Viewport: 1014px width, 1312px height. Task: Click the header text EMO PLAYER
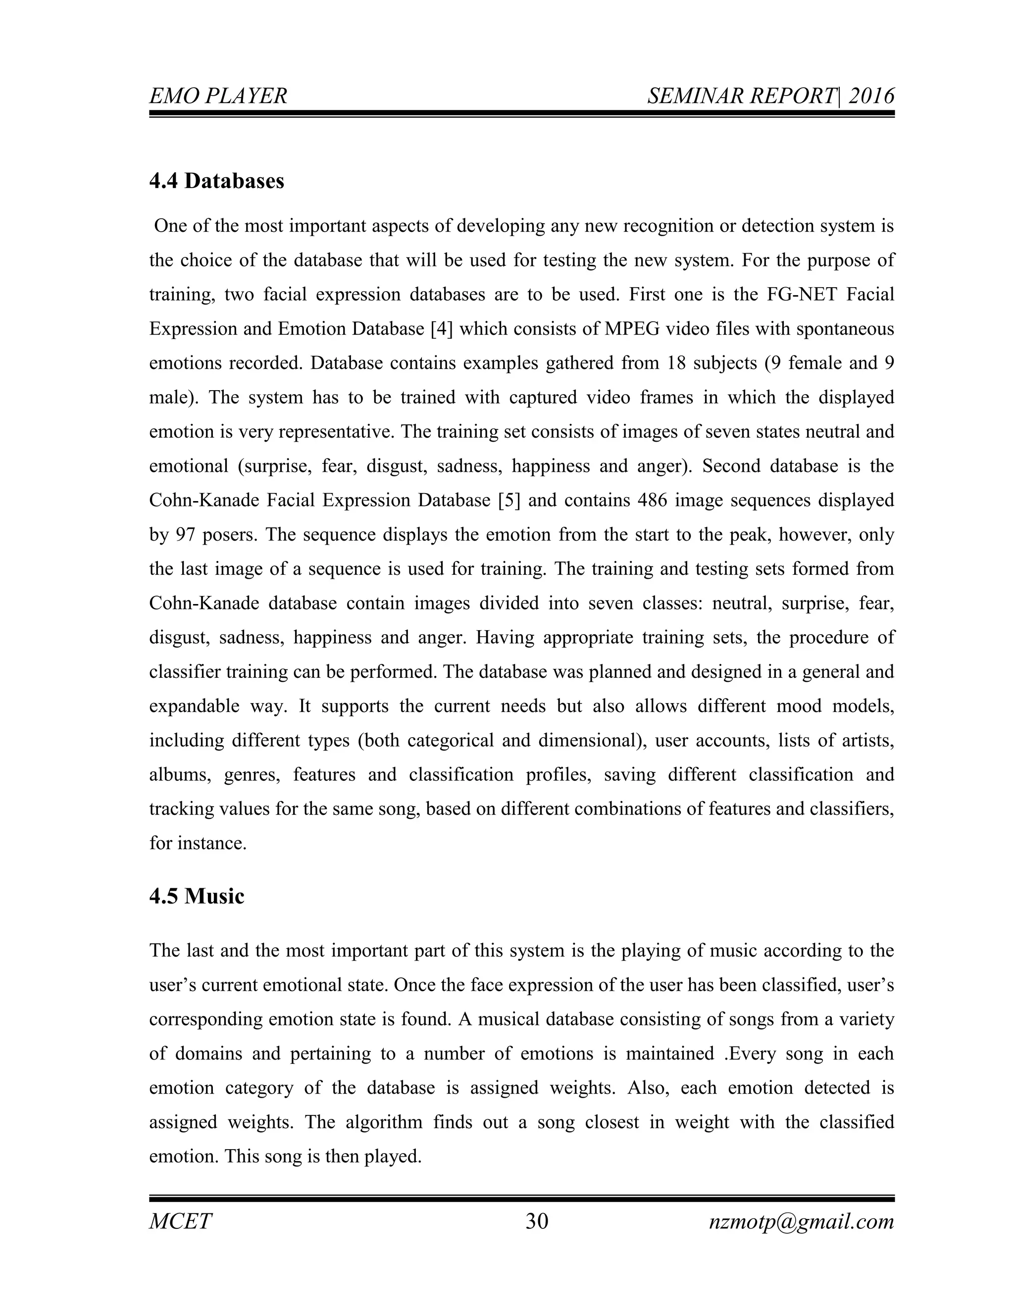coord(218,96)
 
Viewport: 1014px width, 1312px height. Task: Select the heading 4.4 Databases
coord(216,181)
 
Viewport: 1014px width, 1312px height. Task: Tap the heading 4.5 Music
coord(197,896)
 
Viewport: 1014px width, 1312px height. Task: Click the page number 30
coord(536,1221)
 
